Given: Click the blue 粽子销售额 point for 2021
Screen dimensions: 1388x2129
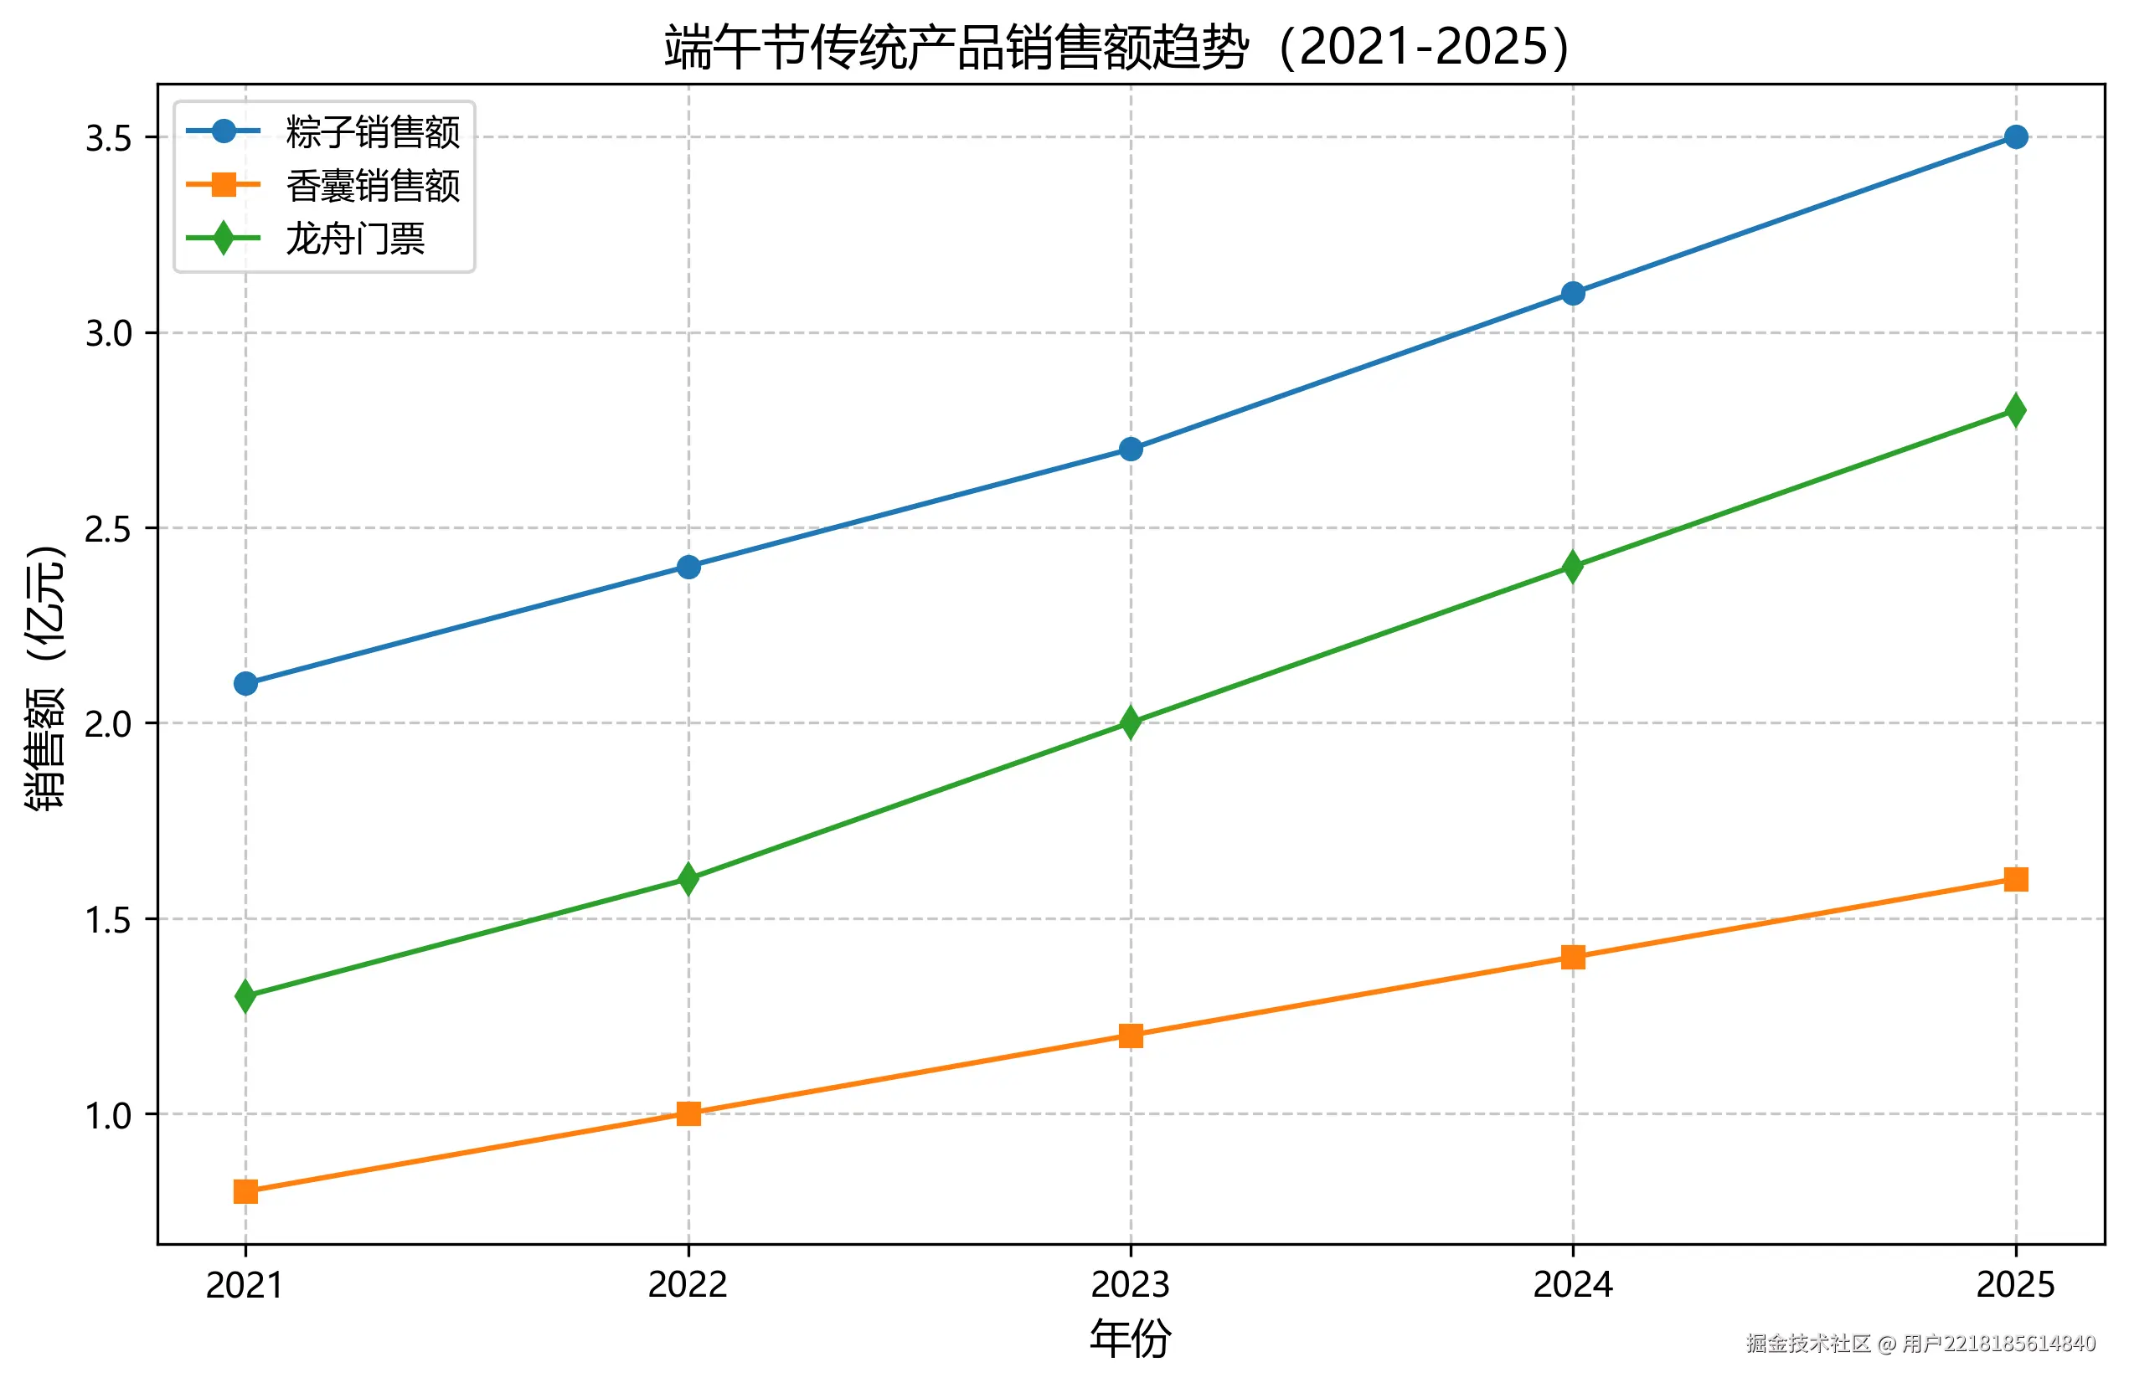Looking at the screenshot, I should click(245, 683).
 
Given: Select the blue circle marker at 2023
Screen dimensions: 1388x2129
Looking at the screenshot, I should click(1131, 449).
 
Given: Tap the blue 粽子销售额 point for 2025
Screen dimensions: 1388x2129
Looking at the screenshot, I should click(2015, 136).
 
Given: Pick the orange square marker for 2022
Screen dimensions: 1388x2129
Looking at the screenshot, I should click(688, 1113).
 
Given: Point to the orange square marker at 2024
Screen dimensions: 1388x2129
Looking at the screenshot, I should click(1573, 957).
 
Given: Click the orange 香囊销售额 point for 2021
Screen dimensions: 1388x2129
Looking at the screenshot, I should click(245, 1191).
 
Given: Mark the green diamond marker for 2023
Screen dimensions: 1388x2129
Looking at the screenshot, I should click(1131, 722).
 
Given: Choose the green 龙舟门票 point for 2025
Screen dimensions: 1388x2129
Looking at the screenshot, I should click(2015, 410).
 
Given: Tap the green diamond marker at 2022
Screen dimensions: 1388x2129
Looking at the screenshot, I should click(688, 878).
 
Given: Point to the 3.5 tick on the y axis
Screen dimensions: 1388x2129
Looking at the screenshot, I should click(108, 139).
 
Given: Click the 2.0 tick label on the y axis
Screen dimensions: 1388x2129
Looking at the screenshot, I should click(108, 723).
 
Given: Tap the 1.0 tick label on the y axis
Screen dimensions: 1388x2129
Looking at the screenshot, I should click(108, 1115).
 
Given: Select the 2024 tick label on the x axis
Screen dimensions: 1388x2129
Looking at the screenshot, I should click(1573, 1284).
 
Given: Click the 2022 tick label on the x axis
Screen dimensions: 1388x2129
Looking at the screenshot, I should click(688, 1284).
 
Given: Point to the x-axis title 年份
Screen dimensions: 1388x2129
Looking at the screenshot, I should click(1131, 1339).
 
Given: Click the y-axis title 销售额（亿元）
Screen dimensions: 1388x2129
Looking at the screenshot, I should click(44, 677).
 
